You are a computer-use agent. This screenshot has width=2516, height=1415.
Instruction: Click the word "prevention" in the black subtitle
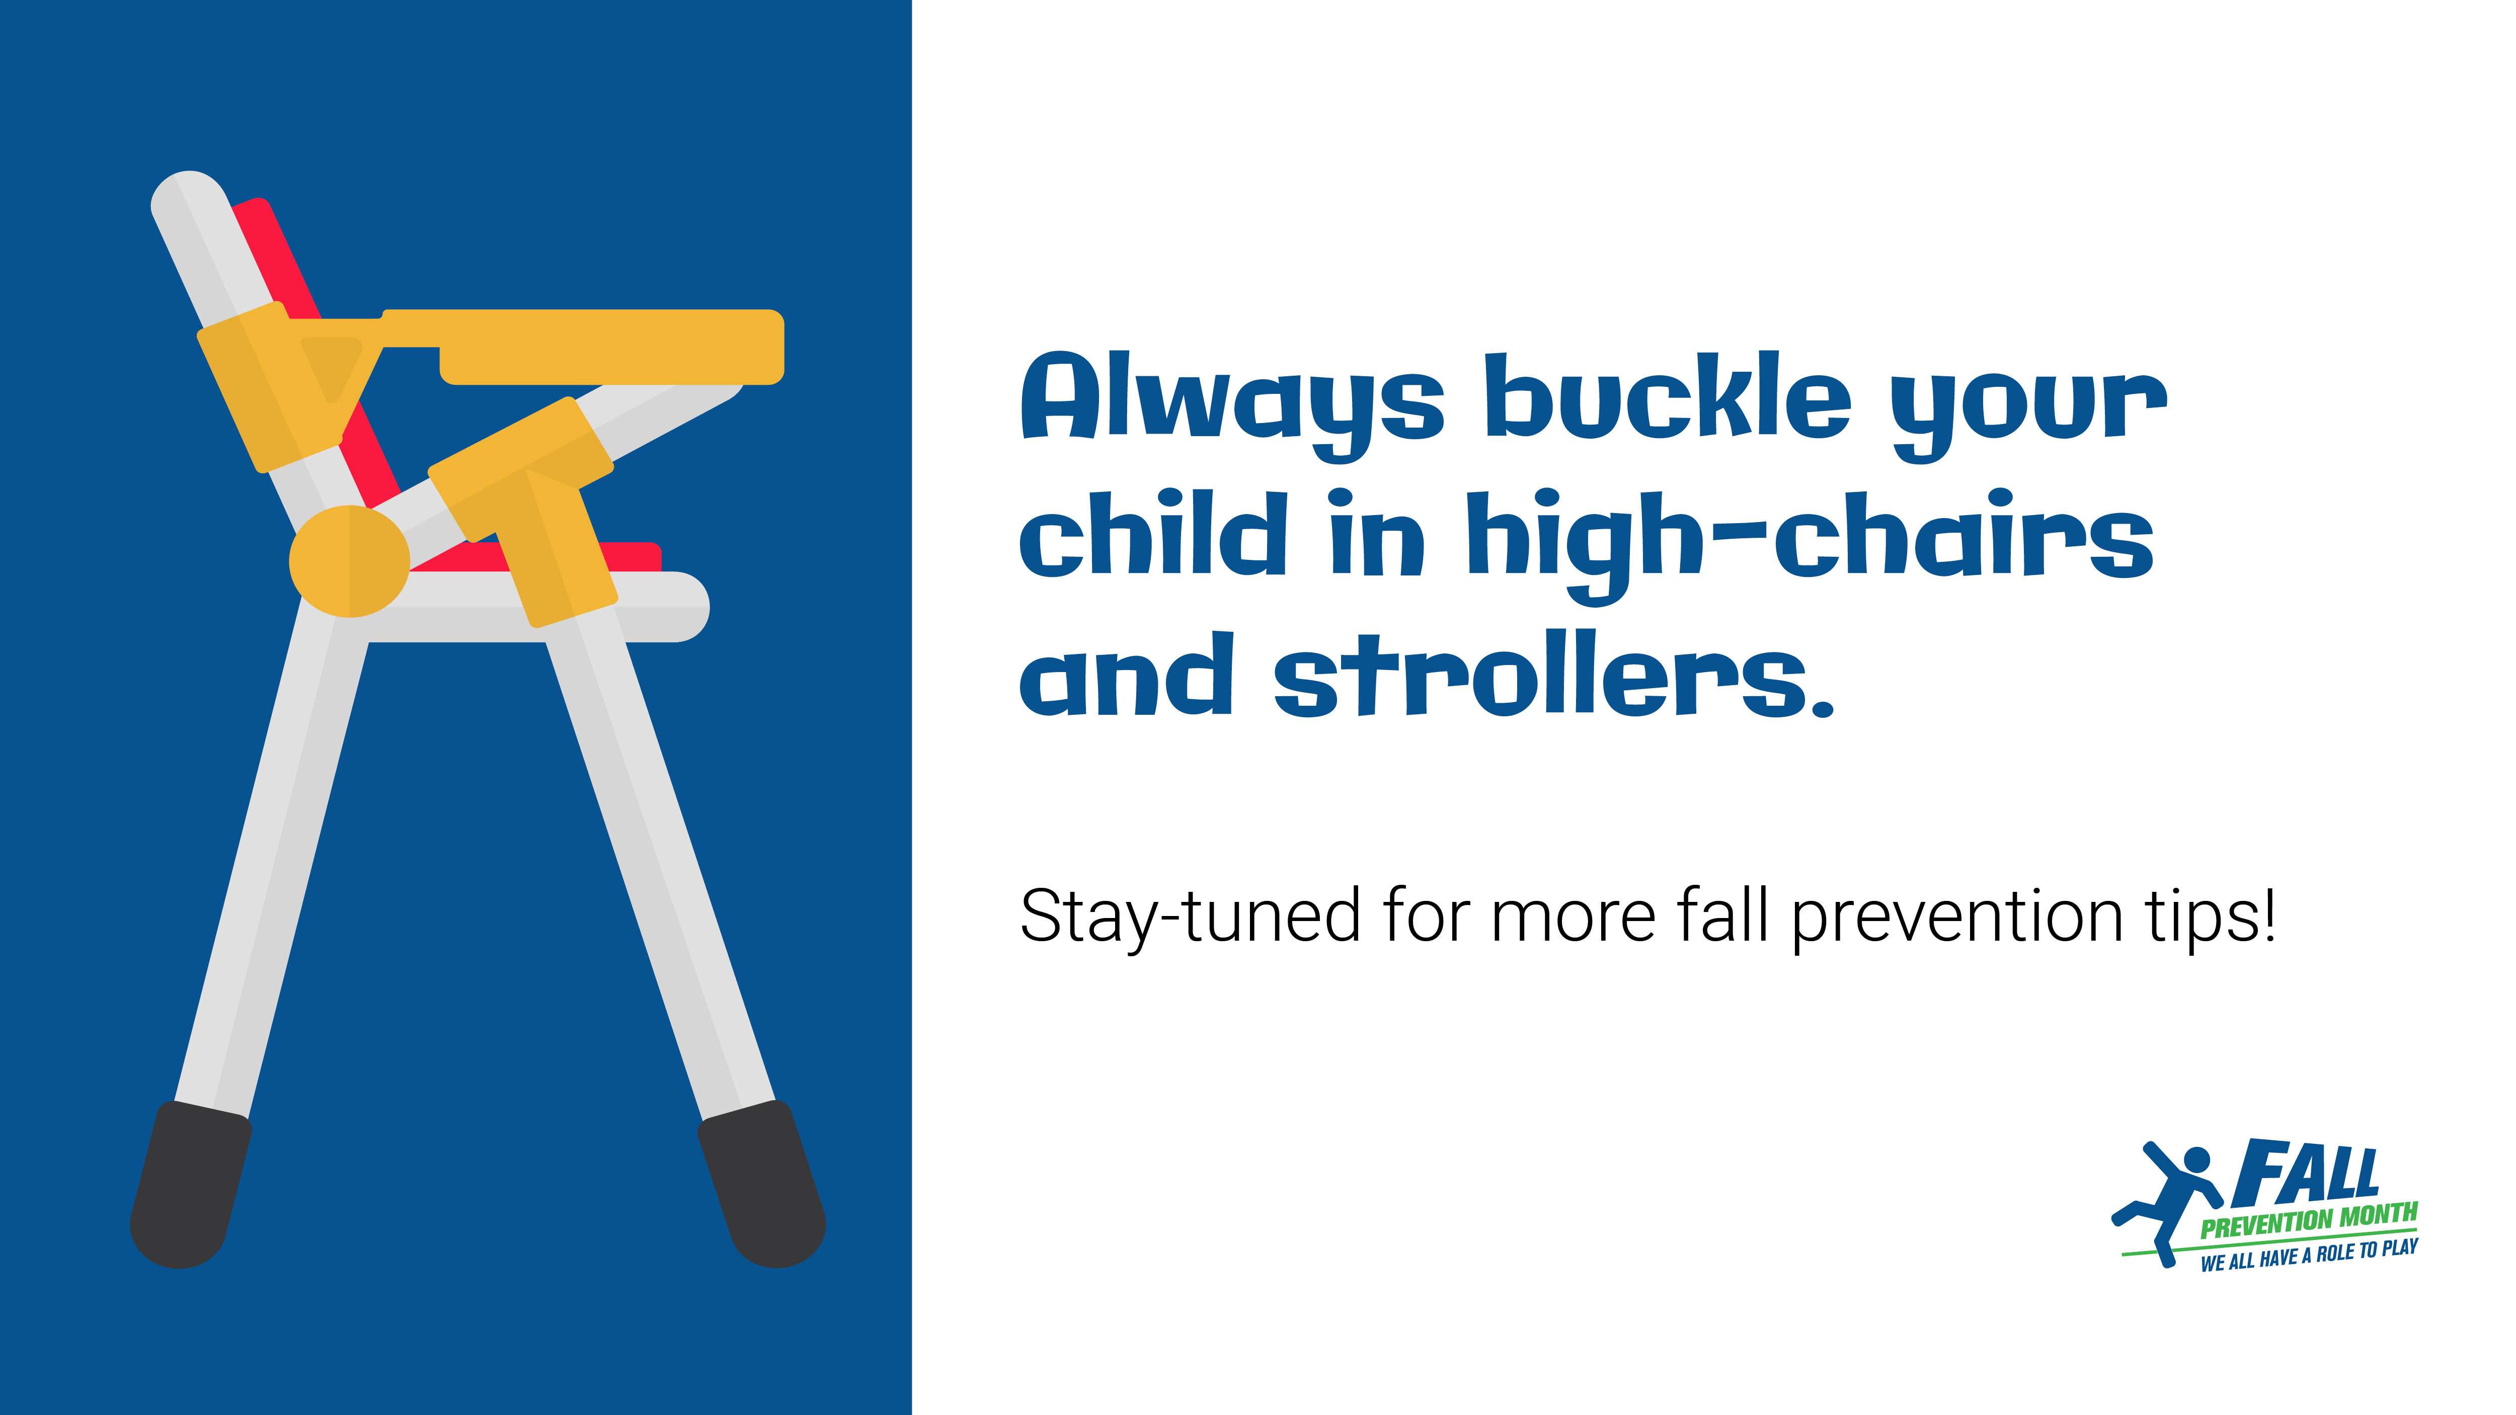(1957, 918)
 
